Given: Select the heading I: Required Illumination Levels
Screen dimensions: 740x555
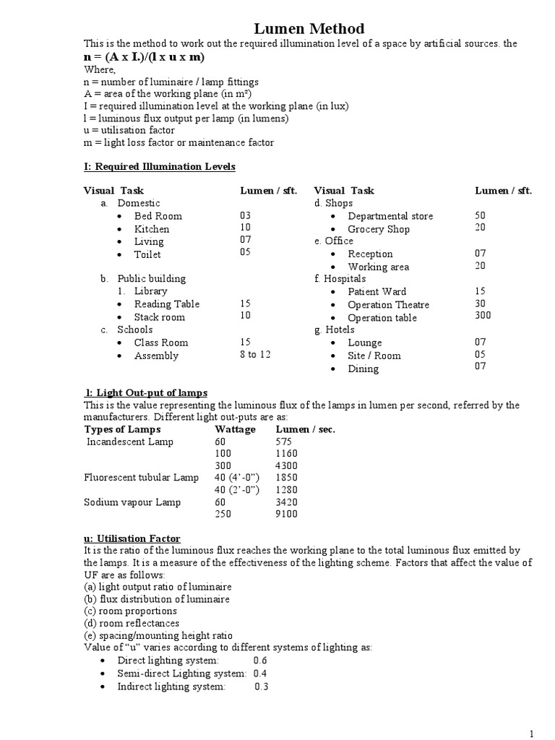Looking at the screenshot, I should [x=159, y=166].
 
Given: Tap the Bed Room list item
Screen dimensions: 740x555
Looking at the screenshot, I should [x=158, y=216].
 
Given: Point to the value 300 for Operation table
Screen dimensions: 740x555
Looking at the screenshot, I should [x=483, y=316].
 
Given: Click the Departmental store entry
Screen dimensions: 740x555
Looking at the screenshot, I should [x=390, y=216].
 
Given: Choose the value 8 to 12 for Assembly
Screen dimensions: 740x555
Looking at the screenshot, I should [x=255, y=355].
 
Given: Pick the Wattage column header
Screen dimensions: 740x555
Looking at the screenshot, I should [x=235, y=429].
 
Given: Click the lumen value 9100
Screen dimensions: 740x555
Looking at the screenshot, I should [x=287, y=515].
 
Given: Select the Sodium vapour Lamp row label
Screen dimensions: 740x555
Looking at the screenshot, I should [x=132, y=502].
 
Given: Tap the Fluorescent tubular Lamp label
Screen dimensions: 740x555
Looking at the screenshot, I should [x=141, y=478].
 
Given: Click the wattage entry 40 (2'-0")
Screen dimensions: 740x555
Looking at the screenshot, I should [x=236, y=490].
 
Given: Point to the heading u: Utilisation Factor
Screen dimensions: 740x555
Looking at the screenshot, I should [x=132, y=539].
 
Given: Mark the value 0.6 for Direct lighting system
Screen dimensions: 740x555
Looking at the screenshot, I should [x=260, y=661].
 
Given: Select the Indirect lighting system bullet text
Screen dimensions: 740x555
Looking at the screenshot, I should [x=171, y=687].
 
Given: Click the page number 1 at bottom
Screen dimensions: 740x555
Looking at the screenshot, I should [x=532, y=733].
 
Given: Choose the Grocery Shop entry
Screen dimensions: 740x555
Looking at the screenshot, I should [x=378, y=229].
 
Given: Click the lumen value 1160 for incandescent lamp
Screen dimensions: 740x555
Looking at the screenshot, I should [x=287, y=454].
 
